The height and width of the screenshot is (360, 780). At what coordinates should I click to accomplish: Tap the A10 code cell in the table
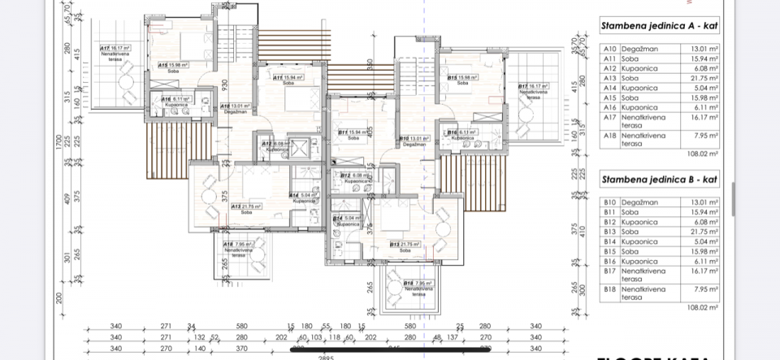(609, 49)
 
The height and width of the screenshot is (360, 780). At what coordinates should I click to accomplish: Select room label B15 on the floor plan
(462, 80)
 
